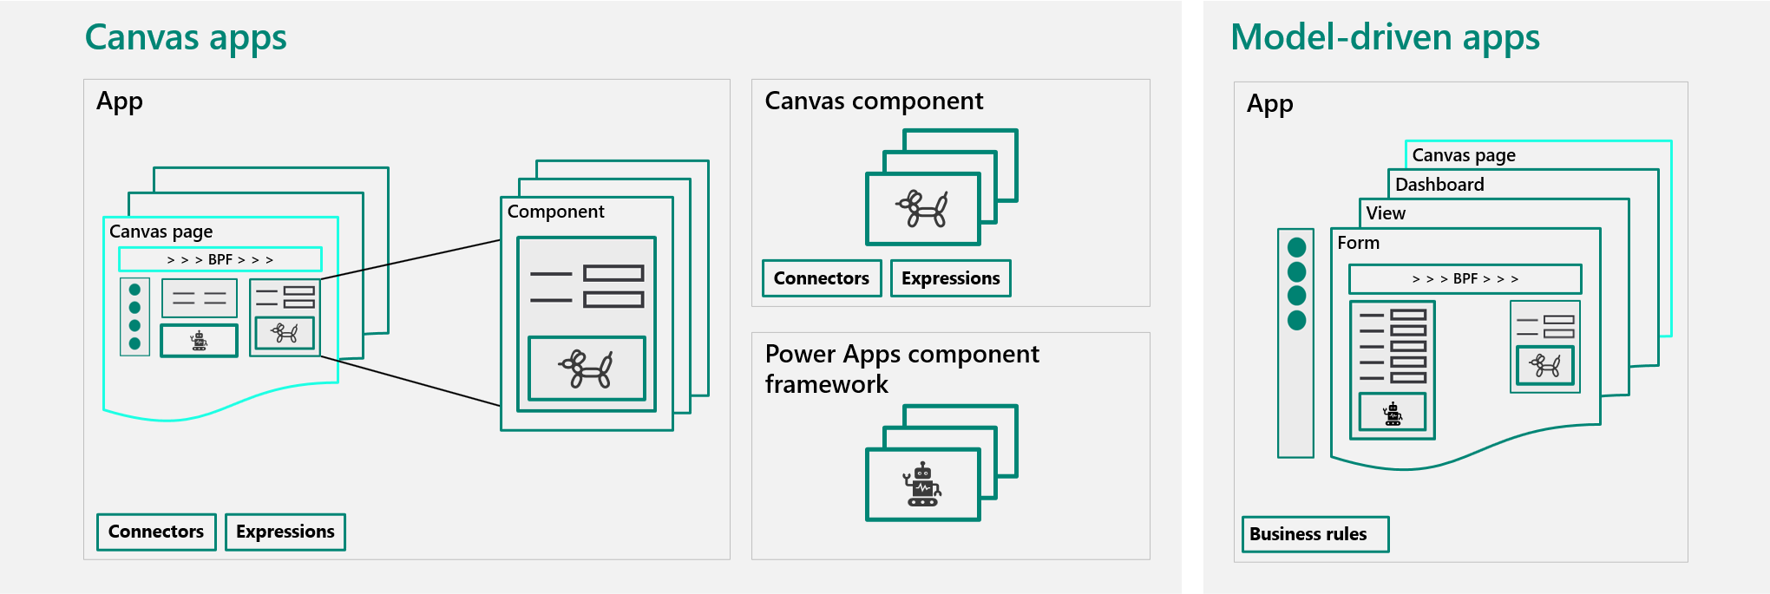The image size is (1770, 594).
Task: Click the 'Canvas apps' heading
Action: tap(186, 38)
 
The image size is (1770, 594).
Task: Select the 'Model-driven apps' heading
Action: tap(1385, 38)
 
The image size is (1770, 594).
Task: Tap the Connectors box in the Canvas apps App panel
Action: tap(156, 532)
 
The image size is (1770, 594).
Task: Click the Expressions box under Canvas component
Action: tap(950, 278)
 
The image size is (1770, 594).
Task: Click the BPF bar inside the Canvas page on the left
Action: tap(220, 259)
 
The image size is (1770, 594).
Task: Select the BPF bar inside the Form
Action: tap(1465, 279)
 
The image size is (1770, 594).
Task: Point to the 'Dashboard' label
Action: tap(1439, 185)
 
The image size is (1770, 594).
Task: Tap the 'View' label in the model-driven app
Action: tap(1386, 213)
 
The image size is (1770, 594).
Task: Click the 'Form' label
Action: tap(1358, 243)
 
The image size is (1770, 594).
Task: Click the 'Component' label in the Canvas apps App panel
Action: tap(555, 212)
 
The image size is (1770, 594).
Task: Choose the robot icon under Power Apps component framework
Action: tap(922, 485)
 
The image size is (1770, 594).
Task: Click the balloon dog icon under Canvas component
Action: tap(922, 209)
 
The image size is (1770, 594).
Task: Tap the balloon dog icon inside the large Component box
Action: tap(587, 369)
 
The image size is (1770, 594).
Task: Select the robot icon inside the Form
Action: tap(1393, 414)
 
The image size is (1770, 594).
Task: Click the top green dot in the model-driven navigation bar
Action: tap(1297, 247)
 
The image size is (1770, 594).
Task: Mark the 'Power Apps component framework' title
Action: tap(901, 369)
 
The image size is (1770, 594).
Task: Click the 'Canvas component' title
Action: tap(874, 101)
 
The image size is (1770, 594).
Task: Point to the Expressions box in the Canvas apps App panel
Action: tap(285, 532)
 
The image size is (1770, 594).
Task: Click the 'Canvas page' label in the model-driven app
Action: tap(1464, 155)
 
